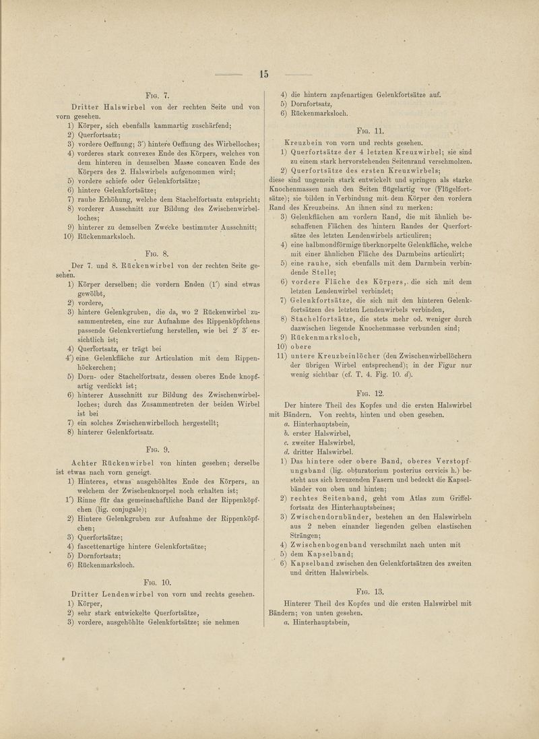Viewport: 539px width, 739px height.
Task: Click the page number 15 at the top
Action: [x=264, y=74]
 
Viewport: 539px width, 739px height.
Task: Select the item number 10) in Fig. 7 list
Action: [x=72, y=238]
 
